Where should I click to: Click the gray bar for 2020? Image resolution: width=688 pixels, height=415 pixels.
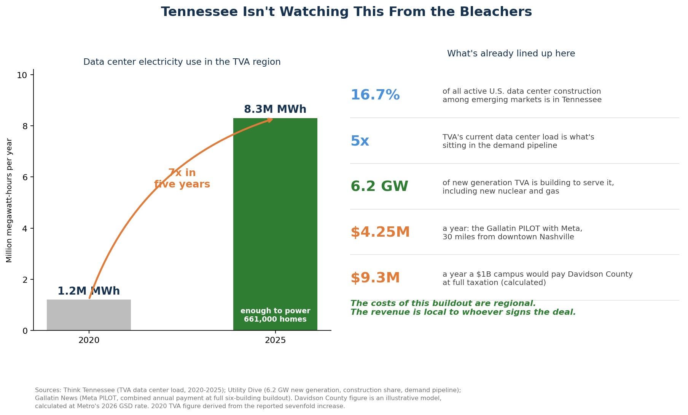pyautogui.click(x=89, y=315)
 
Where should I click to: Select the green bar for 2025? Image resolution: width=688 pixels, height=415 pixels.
pyautogui.click(x=275, y=224)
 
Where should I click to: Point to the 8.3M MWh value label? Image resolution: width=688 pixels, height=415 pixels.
pyautogui.click(x=275, y=109)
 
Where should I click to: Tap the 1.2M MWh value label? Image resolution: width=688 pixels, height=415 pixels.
pyautogui.click(x=89, y=291)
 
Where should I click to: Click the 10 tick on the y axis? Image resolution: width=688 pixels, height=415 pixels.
pyautogui.click(x=22, y=75)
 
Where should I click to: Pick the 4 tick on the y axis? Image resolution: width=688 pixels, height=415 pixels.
pyautogui.click(x=25, y=229)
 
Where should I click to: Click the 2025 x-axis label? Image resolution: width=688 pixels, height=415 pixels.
pyautogui.click(x=275, y=340)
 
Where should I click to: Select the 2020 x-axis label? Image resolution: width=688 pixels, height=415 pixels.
pyautogui.click(x=89, y=340)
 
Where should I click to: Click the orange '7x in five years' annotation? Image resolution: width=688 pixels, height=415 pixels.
pyautogui.click(x=182, y=178)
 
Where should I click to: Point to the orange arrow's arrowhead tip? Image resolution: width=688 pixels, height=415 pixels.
pyautogui.click(x=273, y=119)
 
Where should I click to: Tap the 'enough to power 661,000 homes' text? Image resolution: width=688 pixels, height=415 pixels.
pyautogui.click(x=275, y=315)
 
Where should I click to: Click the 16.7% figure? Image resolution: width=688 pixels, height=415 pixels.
pyautogui.click(x=375, y=95)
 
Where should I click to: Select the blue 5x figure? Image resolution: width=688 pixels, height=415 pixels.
pyautogui.click(x=360, y=141)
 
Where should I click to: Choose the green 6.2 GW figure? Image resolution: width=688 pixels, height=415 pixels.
pyautogui.click(x=379, y=186)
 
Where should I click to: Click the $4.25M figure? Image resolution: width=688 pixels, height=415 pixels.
pyautogui.click(x=380, y=232)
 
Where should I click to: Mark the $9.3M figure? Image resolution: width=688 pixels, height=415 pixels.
pyautogui.click(x=375, y=278)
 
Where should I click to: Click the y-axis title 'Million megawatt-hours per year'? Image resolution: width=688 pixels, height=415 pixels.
pyautogui.click(x=10, y=200)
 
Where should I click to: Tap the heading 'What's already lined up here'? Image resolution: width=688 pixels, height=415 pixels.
pyautogui.click(x=511, y=54)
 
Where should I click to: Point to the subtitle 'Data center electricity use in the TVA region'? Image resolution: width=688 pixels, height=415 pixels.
pyautogui.click(x=182, y=62)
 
